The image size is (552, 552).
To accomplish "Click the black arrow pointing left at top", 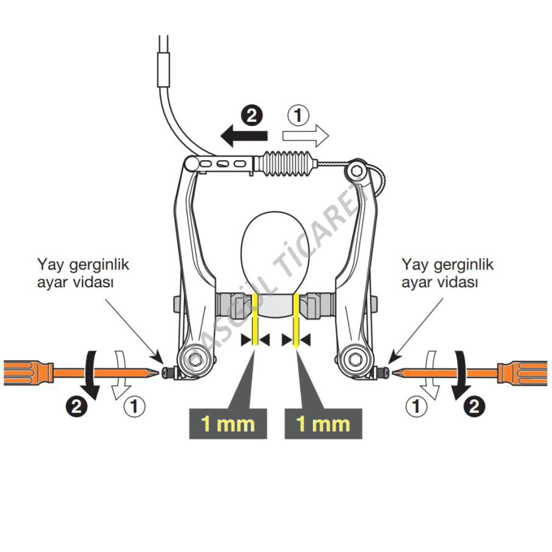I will (x=242, y=138).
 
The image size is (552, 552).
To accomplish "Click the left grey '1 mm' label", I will (x=228, y=423).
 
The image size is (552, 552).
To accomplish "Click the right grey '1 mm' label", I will (x=323, y=423).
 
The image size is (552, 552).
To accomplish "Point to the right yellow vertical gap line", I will (x=295, y=320).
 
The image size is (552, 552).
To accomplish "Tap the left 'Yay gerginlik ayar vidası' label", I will (x=83, y=274).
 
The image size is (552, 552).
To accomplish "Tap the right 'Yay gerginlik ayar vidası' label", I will (x=448, y=274).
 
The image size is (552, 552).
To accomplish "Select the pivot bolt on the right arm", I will (x=355, y=360).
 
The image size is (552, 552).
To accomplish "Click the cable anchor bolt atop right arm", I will (x=355, y=171).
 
